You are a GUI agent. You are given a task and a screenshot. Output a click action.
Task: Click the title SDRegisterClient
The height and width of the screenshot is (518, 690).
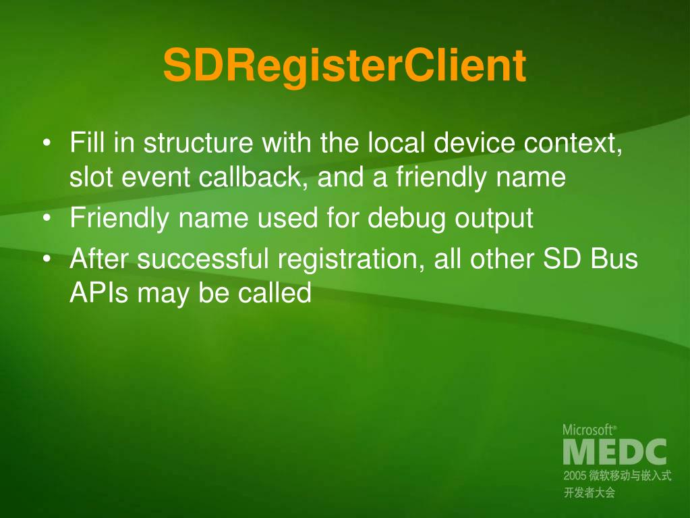[344, 66]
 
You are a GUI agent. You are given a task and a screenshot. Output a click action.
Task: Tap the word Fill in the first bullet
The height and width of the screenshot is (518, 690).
[86, 143]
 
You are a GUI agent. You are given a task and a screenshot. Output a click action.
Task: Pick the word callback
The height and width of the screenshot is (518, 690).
[253, 177]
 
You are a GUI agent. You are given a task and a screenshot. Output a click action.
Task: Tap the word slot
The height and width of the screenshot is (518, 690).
[91, 177]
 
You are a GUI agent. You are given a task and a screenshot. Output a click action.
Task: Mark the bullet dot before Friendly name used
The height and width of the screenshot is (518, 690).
[47, 219]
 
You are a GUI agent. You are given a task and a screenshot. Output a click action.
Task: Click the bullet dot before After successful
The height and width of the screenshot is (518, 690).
[47, 259]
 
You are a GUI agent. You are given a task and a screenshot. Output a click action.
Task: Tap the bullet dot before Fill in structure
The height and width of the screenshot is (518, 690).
[47, 144]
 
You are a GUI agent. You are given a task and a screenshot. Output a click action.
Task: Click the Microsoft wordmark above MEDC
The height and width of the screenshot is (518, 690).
[589, 429]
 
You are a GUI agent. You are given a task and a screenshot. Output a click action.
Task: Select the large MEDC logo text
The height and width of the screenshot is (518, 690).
[614, 452]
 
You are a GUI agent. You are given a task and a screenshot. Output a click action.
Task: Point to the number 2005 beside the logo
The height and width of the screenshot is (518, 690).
[575, 476]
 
